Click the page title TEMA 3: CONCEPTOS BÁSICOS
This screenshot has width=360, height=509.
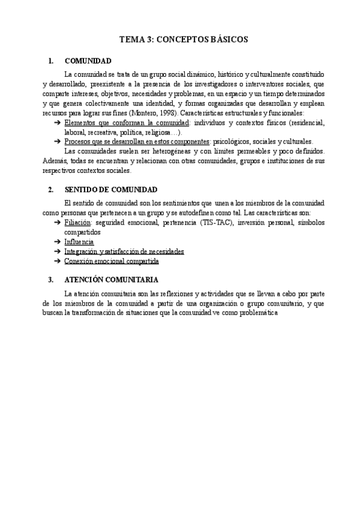(184, 40)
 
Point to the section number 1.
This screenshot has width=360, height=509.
(50, 61)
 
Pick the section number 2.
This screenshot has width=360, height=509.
(50, 190)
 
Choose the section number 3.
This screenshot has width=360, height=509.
(50, 280)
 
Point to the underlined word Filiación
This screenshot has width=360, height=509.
(78, 223)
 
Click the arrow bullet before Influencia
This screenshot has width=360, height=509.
(57, 241)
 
